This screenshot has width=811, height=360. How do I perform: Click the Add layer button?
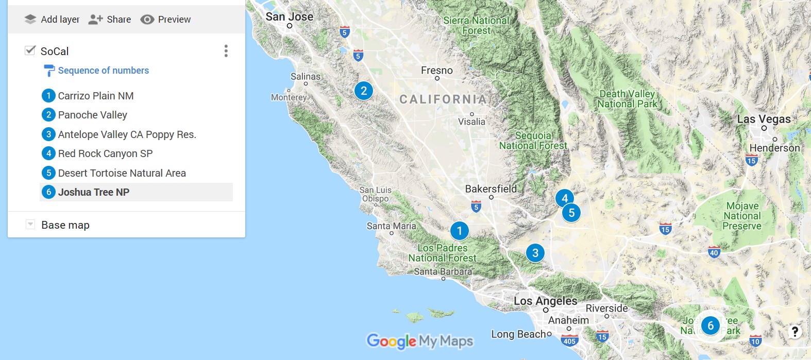[x=52, y=20]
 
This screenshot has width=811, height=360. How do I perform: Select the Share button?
[x=110, y=20]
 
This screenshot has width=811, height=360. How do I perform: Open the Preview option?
[x=165, y=20]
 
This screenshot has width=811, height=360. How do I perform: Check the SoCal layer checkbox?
[x=30, y=50]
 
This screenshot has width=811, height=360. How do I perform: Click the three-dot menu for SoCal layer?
[x=226, y=51]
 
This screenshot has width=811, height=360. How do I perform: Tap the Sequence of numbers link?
[x=103, y=71]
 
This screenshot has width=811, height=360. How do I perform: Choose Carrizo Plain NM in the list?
[x=96, y=96]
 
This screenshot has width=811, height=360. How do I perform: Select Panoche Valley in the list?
[x=93, y=115]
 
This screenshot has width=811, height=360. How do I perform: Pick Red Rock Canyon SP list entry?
[x=105, y=153]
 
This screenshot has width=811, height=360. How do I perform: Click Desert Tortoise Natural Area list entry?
[x=122, y=173]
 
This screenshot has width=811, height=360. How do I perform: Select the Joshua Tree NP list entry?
[x=94, y=192]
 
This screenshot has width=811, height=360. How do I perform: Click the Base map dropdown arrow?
[x=30, y=225]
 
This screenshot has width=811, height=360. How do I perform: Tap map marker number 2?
[x=364, y=91]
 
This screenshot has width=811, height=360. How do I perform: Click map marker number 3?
[x=535, y=253]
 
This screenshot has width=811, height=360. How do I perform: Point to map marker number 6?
[x=711, y=325]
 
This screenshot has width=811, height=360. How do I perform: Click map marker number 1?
[x=459, y=231]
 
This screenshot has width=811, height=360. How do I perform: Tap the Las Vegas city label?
[x=764, y=119]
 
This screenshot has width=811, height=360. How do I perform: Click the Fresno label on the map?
[x=437, y=71]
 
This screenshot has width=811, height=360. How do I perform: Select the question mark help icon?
[x=795, y=332]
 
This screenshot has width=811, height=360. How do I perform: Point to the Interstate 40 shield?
[x=714, y=252]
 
